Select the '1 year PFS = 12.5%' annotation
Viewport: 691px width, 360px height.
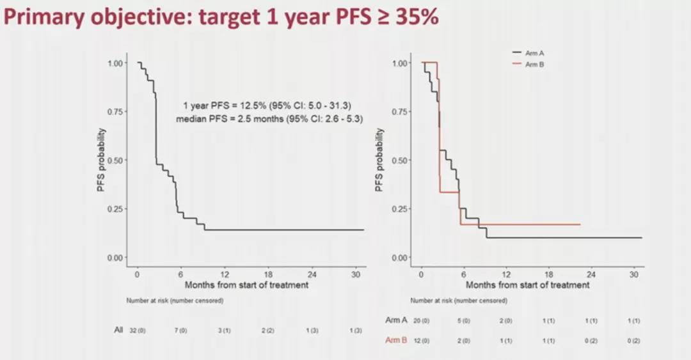coord(267,106)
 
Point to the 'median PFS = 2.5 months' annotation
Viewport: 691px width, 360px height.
coord(269,119)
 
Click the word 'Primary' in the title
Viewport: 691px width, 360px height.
coord(42,17)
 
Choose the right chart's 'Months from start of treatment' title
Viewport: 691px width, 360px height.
coord(527,285)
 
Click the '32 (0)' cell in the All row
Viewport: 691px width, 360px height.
coord(138,330)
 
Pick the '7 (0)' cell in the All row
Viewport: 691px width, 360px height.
coord(180,330)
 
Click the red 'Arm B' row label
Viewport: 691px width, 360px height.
coord(396,340)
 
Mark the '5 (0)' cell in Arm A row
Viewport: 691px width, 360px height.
coord(464,320)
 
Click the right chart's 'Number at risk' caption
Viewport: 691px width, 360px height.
coord(459,301)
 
